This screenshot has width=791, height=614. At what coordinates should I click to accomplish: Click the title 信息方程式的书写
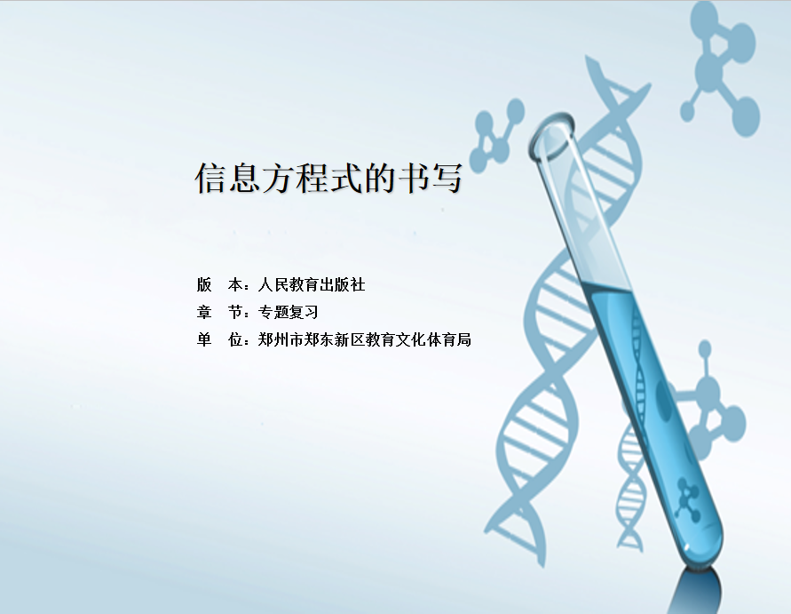click(328, 178)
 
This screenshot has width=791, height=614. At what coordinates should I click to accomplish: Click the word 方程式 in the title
click(312, 178)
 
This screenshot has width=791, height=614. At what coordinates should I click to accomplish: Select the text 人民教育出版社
click(312, 284)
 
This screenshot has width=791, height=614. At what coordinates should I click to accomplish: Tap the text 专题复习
click(288, 312)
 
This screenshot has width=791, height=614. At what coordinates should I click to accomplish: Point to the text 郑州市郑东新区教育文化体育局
click(364, 339)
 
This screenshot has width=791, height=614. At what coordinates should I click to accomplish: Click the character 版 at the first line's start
click(204, 284)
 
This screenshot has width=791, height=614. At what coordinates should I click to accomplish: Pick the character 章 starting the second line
click(204, 312)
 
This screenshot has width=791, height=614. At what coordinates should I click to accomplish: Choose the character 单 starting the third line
click(204, 339)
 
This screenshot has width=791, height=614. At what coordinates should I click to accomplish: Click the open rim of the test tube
click(551, 135)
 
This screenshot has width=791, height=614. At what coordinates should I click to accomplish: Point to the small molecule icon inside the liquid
click(688, 498)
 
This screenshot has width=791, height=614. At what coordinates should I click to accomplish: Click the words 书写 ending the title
click(431, 178)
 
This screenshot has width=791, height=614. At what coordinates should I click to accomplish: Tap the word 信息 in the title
click(227, 178)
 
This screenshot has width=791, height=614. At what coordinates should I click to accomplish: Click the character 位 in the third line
click(235, 339)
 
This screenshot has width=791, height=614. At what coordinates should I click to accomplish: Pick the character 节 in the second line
click(235, 312)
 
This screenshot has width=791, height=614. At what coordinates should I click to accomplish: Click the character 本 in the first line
click(235, 284)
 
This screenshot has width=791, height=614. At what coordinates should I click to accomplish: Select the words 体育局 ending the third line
click(448, 339)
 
